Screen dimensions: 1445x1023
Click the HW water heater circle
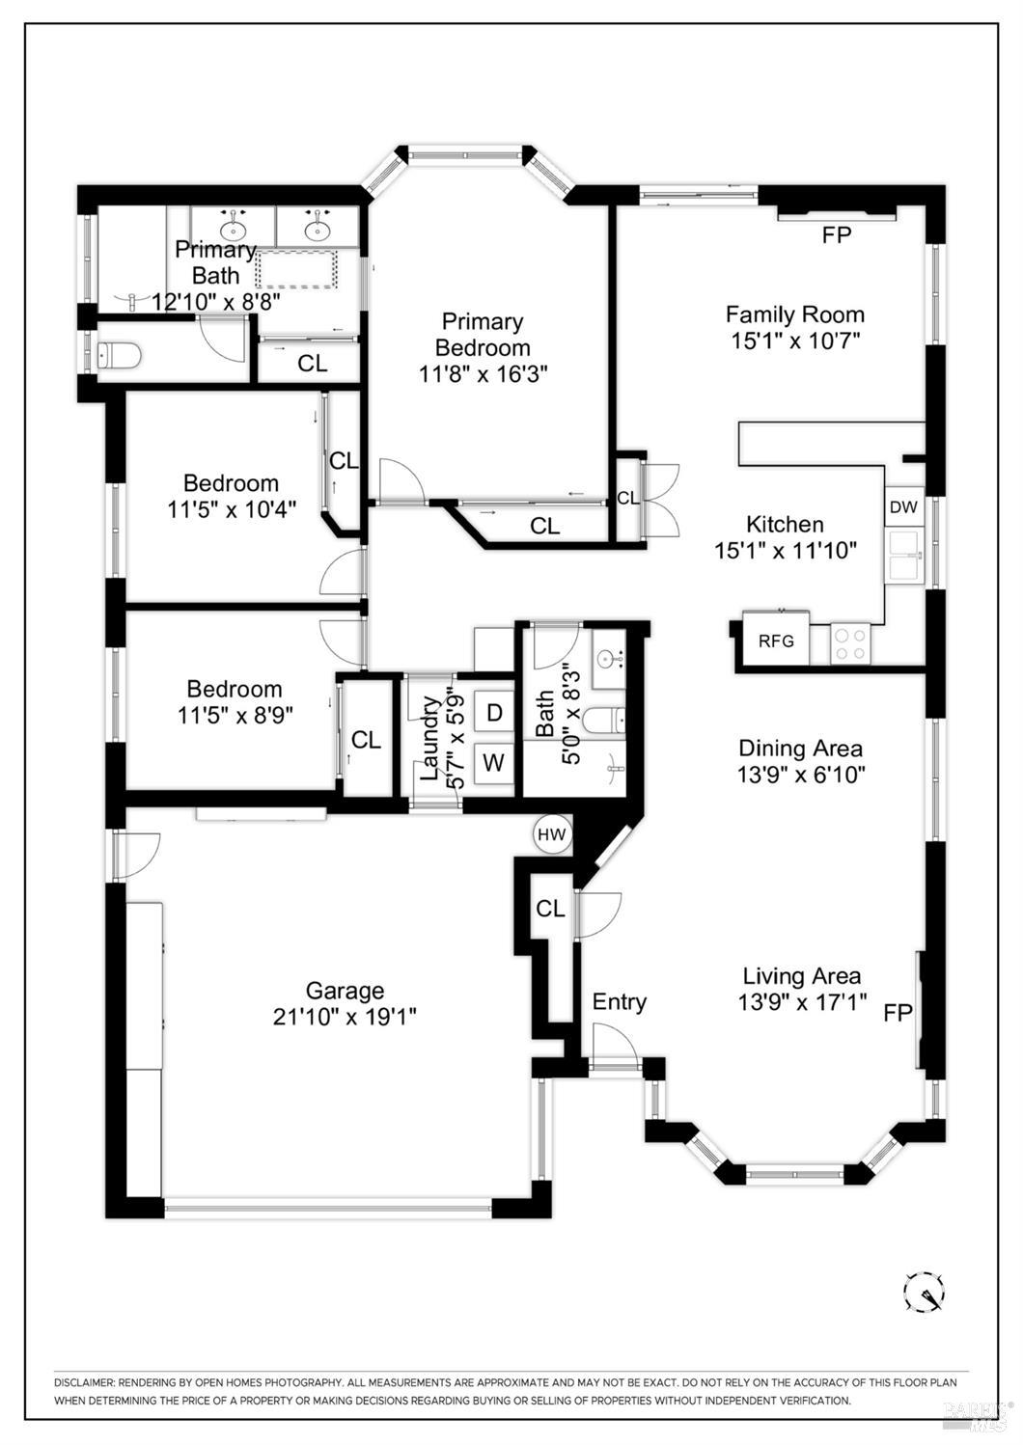pos(552,833)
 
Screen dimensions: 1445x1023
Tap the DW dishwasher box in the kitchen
pos(903,507)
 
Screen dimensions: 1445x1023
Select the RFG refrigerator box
pos(775,640)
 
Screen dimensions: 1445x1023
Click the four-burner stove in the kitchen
pos(850,643)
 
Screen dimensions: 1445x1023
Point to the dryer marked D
pos(494,713)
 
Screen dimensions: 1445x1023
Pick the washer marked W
pos(493,763)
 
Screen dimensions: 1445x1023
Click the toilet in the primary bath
pos(119,357)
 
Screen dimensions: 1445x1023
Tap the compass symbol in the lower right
pos(924,1290)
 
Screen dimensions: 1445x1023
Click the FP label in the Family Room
pos(836,234)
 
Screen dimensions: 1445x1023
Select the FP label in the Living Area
pos(899,1012)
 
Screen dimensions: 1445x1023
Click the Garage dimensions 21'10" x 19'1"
pos(345,1016)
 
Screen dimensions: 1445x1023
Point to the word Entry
pos(619,1001)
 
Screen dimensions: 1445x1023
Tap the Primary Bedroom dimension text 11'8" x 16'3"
pos(483,373)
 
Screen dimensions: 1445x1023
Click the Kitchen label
pos(785,524)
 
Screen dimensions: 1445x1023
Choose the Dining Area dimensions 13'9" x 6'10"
pos(800,774)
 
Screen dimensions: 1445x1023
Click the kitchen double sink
pos(904,557)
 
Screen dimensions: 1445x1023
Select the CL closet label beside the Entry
pos(550,909)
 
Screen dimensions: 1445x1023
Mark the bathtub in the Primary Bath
pos(297,268)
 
